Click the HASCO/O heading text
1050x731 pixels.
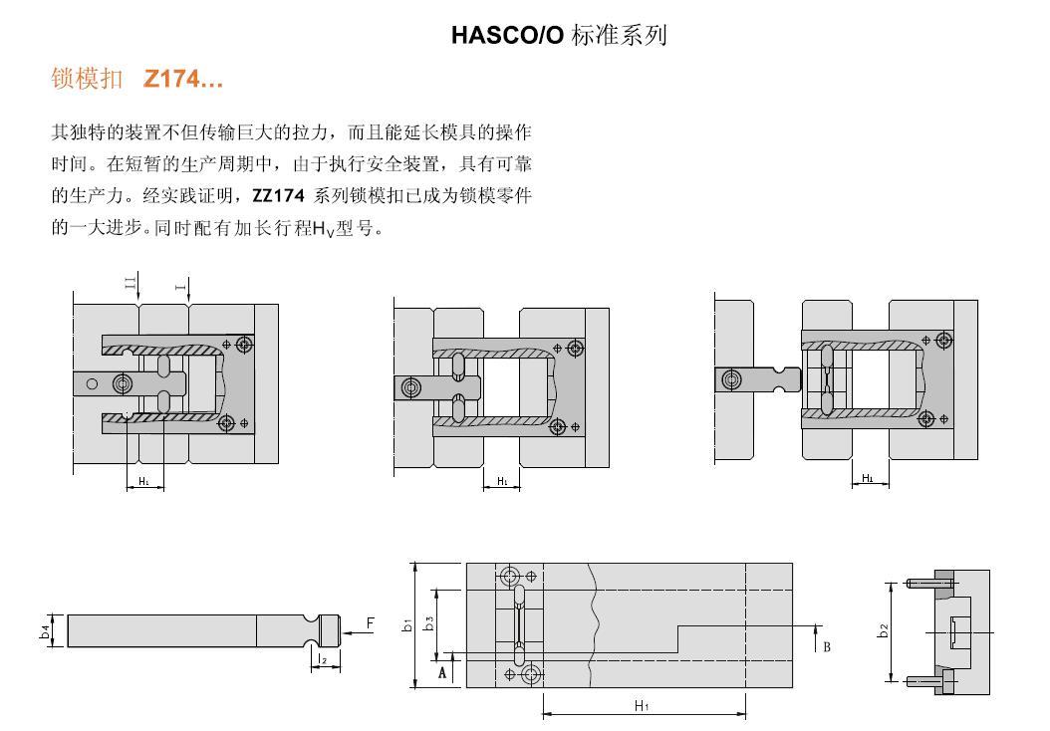507,35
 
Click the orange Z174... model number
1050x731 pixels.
183,79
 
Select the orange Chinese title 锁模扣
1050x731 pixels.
87,79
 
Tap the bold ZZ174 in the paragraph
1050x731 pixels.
278,195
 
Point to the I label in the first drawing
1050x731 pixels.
179,287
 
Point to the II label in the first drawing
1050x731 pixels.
131,283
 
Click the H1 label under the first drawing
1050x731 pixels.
144,481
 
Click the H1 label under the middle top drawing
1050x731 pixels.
502,481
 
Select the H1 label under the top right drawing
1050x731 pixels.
867,478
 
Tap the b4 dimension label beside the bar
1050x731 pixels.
45,630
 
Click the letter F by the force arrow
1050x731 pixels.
370,623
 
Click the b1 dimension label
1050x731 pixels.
407,625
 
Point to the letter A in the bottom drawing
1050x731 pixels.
442,672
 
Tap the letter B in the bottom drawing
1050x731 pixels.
827,647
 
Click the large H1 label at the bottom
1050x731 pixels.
642,705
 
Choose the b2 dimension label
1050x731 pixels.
884,630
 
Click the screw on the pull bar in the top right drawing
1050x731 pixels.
731,380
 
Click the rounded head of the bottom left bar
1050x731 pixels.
332,630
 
